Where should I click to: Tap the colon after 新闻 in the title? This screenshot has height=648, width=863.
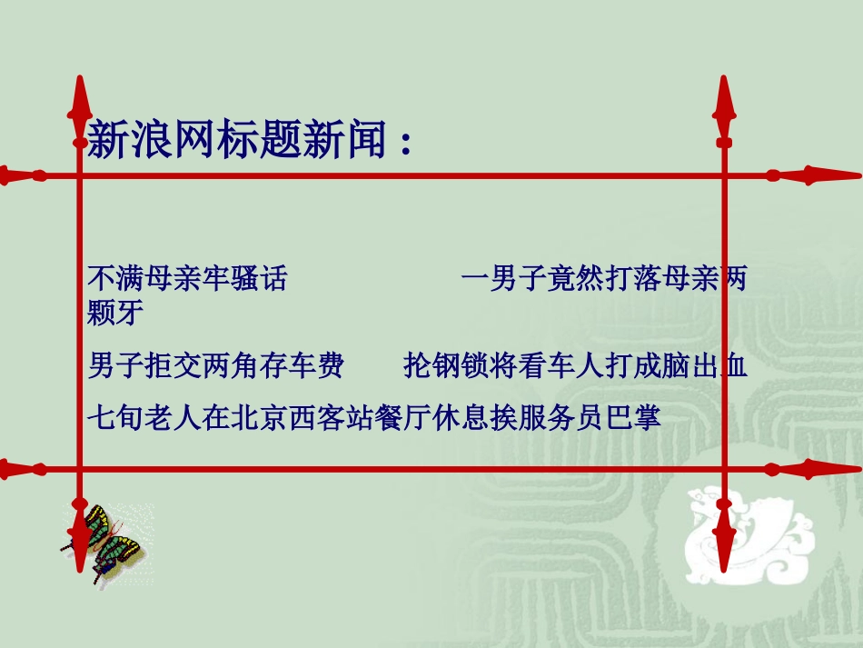pyautogui.click(x=405, y=142)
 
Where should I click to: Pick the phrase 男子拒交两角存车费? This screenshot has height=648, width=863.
pyautogui.click(x=215, y=366)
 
